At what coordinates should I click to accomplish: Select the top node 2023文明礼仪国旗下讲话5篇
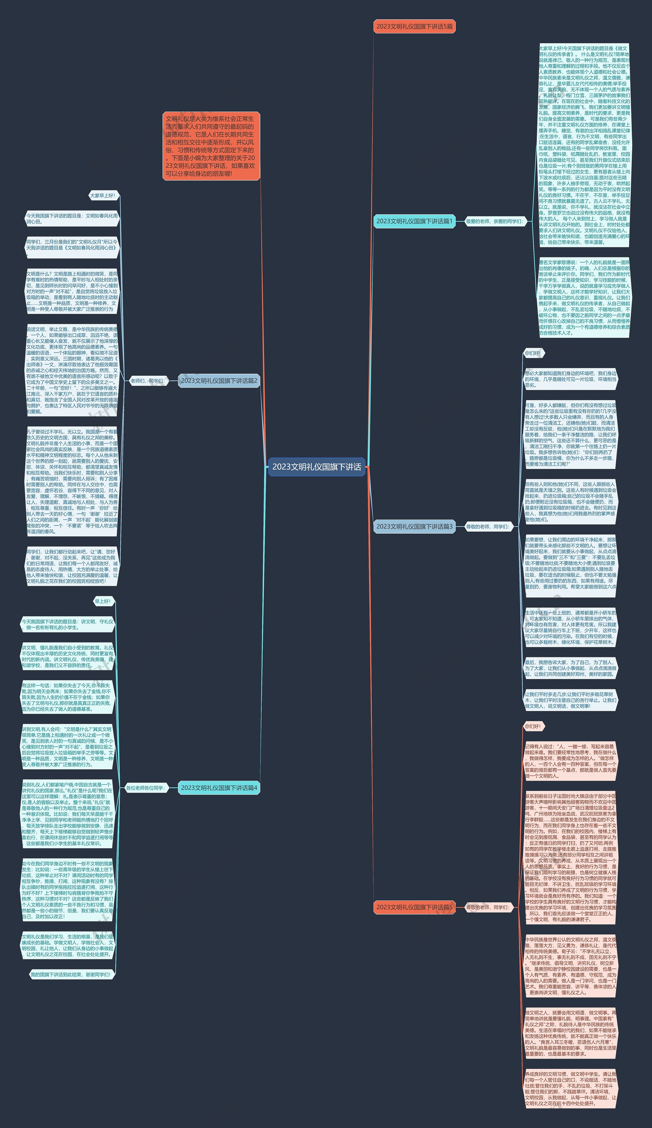coord(414,26)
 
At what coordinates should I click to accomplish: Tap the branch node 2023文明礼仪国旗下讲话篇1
coord(414,221)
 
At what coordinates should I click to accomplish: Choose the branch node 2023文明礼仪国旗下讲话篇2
coord(219,381)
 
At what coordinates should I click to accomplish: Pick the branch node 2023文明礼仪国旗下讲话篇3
coord(414,526)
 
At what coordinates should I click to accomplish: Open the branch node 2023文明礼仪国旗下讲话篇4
coord(219,788)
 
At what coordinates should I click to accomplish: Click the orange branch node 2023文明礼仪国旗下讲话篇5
coord(414,907)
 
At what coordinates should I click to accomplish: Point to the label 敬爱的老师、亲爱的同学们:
coord(494,221)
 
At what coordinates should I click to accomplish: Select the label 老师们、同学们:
coord(147,381)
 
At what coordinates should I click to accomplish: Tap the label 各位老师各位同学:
coord(145,788)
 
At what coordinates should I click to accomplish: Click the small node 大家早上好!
coord(103,196)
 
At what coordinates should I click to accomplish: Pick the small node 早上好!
coord(103,601)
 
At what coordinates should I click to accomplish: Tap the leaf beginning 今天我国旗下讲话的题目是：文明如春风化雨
coord(72,218)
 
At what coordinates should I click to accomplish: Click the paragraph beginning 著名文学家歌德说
coord(584,298)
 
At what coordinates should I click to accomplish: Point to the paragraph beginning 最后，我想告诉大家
coord(570,668)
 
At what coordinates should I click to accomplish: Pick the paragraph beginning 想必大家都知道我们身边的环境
coord(570,379)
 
